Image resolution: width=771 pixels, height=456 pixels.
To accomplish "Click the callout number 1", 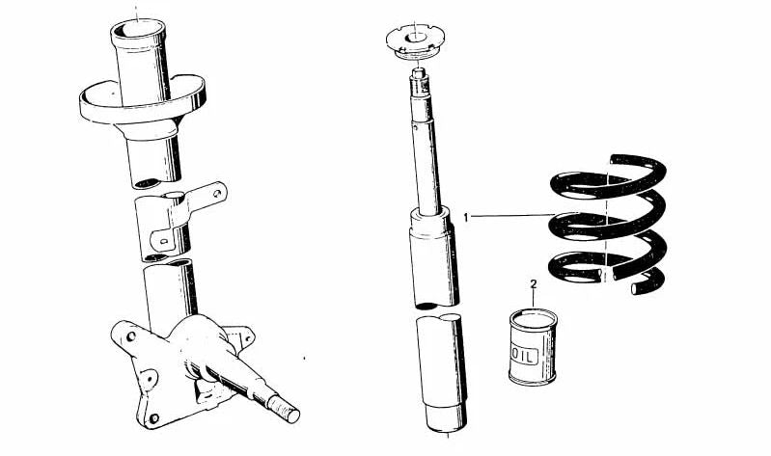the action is (x=467, y=217).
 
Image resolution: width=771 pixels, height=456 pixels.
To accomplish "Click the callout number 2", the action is (x=534, y=283).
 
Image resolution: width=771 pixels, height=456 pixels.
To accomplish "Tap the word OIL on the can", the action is (x=525, y=357).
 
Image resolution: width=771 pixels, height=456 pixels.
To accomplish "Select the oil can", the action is (x=533, y=347).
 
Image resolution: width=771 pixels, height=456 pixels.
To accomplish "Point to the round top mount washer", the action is (x=416, y=41).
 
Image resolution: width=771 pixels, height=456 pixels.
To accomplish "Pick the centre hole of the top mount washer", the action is (x=415, y=38).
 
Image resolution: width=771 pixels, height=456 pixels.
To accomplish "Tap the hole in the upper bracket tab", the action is (x=216, y=193).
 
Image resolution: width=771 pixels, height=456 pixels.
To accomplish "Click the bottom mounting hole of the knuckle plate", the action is (x=153, y=418).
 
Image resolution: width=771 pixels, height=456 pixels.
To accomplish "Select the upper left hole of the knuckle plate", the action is (x=131, y=336).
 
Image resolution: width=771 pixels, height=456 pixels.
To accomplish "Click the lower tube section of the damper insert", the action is (x=441, y=373).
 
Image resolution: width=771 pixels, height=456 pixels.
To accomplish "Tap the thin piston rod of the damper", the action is (x=427, y=167).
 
